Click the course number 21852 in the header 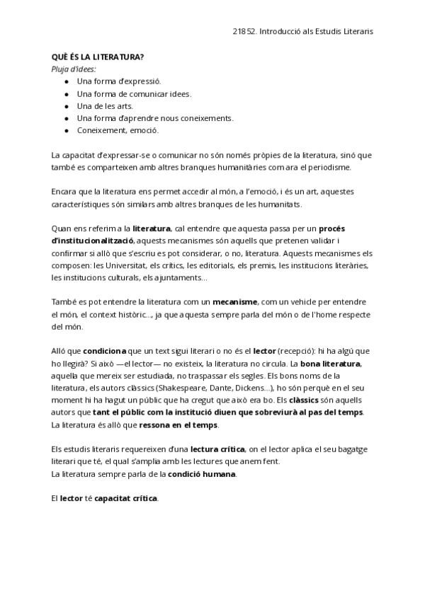coord(244,32)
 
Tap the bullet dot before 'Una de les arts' coord(67,105)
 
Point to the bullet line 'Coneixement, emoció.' coord(118,130)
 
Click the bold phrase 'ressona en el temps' coord(183,425)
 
